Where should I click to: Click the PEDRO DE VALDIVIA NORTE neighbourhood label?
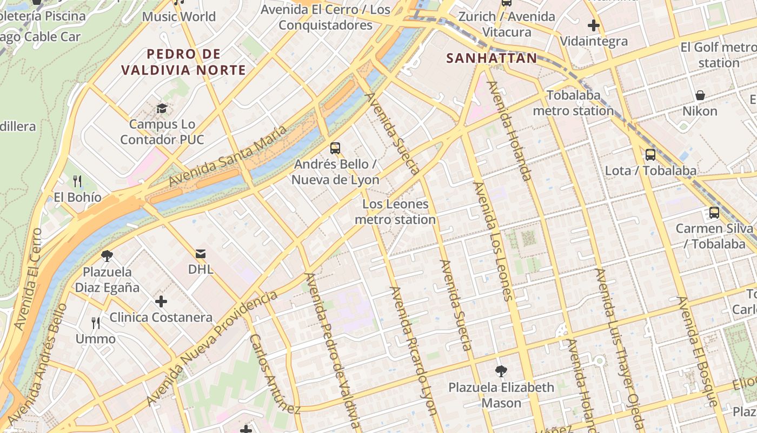184,62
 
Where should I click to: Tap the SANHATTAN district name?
492,58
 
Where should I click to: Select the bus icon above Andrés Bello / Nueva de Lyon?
335,148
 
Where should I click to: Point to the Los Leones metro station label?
395,212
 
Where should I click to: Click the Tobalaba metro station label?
573,103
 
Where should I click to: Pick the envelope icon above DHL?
201,253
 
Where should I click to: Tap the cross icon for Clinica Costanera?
161,301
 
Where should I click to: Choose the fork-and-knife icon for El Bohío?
77,181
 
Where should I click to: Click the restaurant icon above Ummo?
96,323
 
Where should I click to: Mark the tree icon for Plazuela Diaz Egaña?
107,255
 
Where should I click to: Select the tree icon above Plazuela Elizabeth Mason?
501,371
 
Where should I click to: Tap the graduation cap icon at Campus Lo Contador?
162,109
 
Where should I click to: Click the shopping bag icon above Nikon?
700,95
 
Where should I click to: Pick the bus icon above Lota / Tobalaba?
650,155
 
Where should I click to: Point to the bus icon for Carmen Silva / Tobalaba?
714,213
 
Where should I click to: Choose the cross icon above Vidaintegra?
594,25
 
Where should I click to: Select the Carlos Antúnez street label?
274,373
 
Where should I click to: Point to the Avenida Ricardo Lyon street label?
414,351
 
